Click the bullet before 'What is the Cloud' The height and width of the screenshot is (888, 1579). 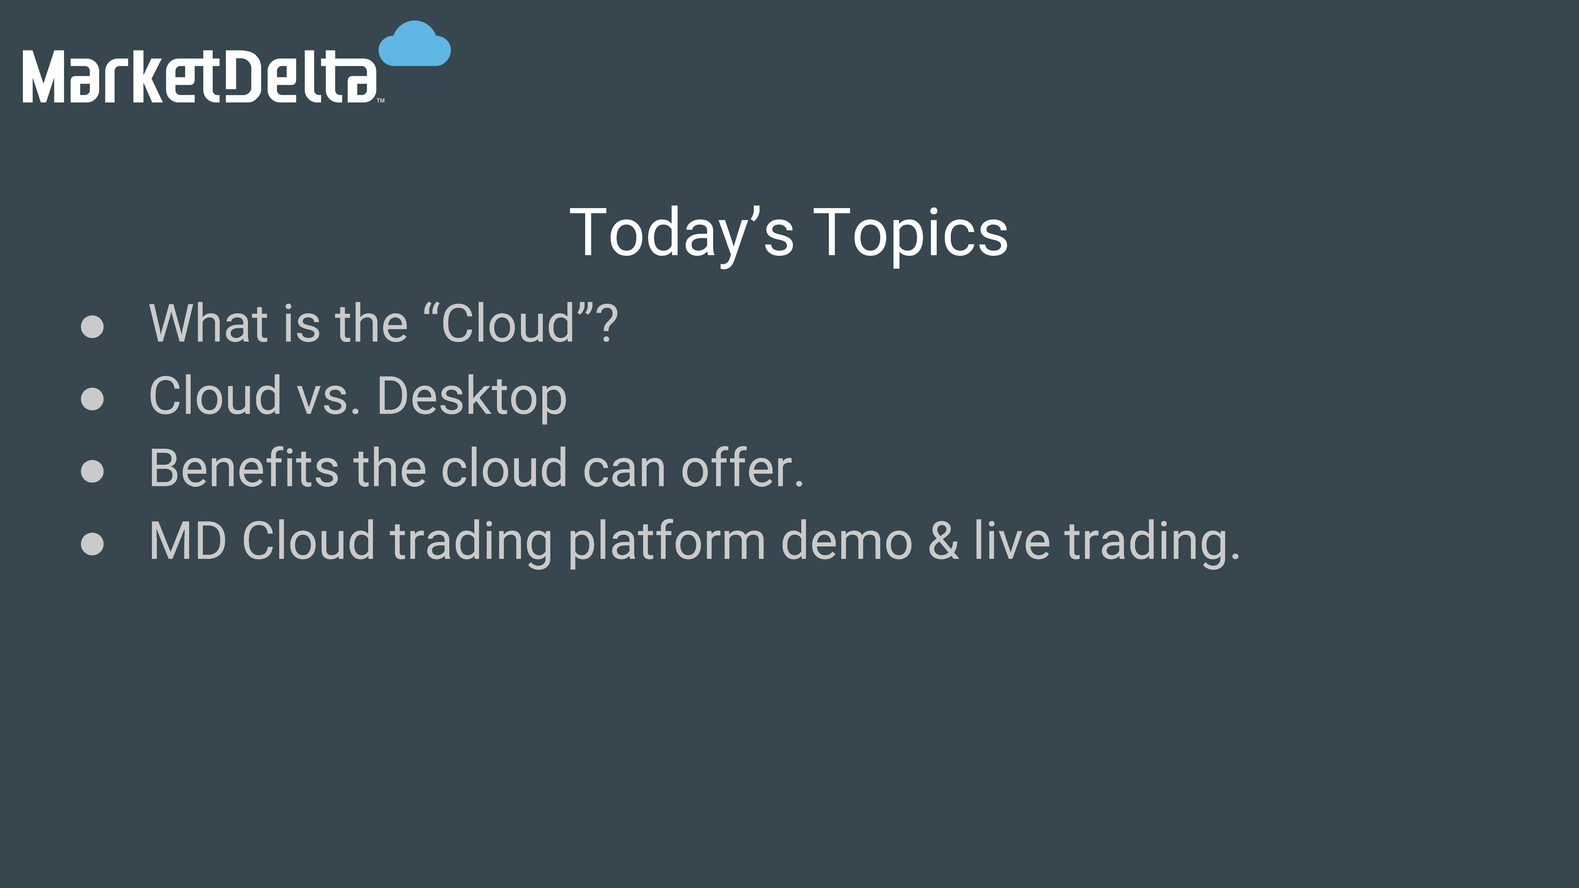point(92,326)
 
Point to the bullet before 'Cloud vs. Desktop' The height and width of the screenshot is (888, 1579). point(92,398)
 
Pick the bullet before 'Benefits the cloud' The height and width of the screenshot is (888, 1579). point(92,471)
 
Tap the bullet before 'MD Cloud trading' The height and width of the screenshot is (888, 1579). point(92,543)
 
